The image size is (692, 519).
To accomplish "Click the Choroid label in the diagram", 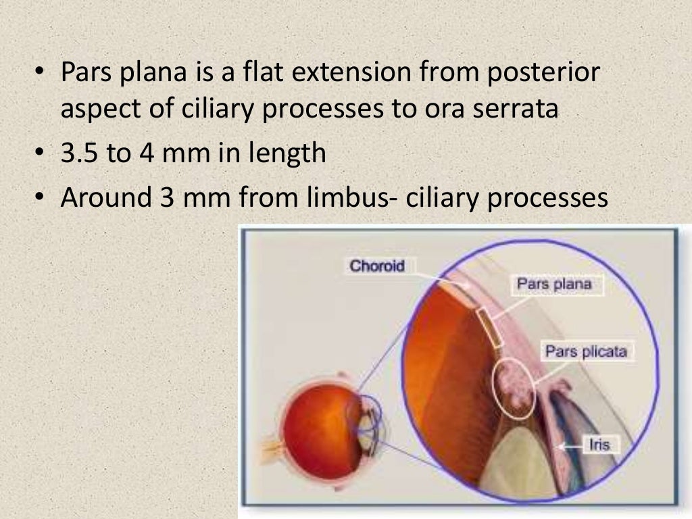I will [377, 266].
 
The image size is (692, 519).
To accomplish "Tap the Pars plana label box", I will [553, 284].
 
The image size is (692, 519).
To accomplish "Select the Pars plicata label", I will [586, 351].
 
